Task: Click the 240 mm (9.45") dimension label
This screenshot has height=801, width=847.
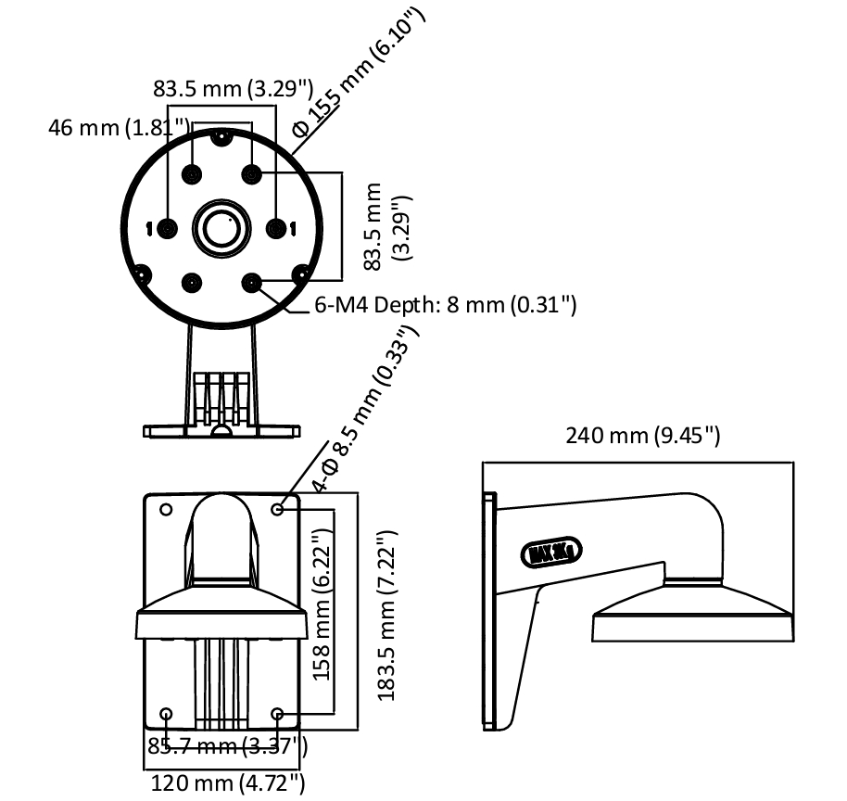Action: [x=643, y=435]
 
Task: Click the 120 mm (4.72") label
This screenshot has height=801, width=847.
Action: [x=228, y=782]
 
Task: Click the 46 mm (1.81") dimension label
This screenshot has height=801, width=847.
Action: [x=119, y=126]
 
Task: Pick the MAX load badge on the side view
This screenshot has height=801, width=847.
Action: [x=554, y=553]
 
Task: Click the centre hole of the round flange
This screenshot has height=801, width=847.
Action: [x=221, y=226]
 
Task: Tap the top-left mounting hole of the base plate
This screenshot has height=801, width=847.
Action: [x=166, y=510]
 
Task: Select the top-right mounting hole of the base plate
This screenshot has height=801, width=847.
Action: [x=278, y=510]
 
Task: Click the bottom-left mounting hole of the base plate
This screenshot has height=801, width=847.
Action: [x=166, y=714]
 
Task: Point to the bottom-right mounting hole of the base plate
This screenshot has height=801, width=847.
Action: [x=278, y=714]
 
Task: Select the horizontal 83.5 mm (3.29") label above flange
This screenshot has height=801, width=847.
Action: [x=232, y=88]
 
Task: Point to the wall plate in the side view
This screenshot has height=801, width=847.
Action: [x=489, y=612]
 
